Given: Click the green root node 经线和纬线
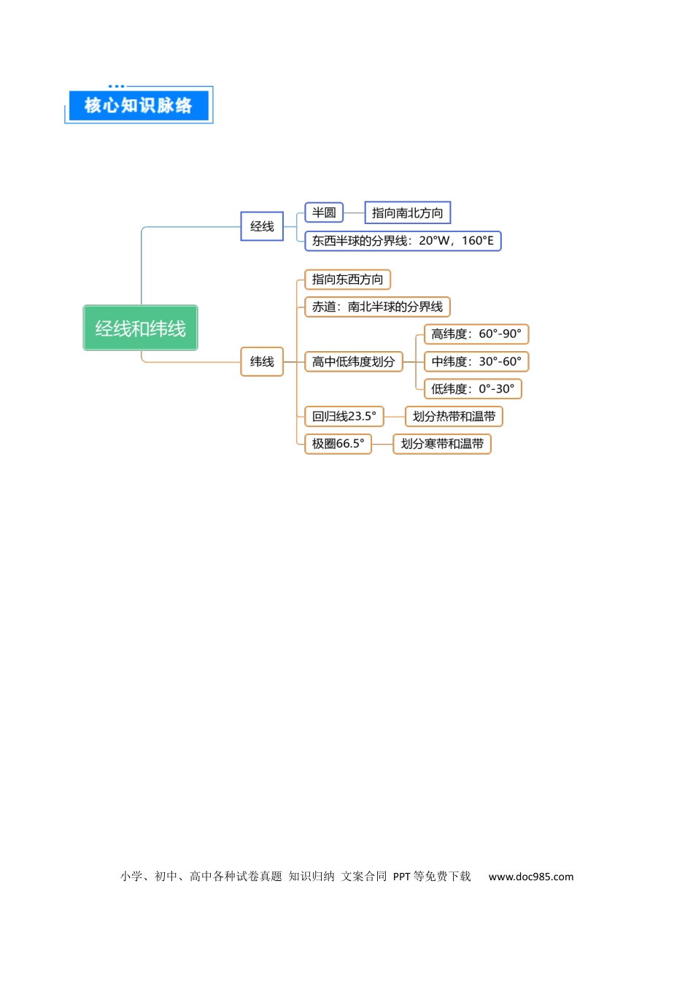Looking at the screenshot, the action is coord(140,328).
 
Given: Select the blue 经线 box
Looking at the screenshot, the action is coord(262,226).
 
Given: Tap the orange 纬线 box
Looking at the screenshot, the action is coord(262,362).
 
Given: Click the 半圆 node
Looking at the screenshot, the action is coord(324,212).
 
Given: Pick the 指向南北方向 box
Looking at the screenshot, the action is coord(408,212).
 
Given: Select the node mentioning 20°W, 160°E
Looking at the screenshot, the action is coord(403,240).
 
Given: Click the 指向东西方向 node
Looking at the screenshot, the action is coord(348,280).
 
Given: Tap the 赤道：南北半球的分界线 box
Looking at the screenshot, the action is coord(377,307).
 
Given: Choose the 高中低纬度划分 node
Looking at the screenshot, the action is coord(354,362).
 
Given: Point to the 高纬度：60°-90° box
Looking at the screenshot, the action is coord(476,334).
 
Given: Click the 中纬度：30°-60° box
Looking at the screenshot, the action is coord(476,362).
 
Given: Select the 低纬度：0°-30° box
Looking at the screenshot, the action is coord(473,389).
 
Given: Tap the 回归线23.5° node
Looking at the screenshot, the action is coord(344,416).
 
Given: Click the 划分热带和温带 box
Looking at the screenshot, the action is coord(454,416).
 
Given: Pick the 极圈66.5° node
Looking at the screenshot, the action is coord(338,444).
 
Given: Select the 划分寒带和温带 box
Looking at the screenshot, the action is coord(442,444).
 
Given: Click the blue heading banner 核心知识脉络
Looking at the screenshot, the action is coord(139,105).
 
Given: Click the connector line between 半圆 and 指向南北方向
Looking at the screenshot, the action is coord(355,213).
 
